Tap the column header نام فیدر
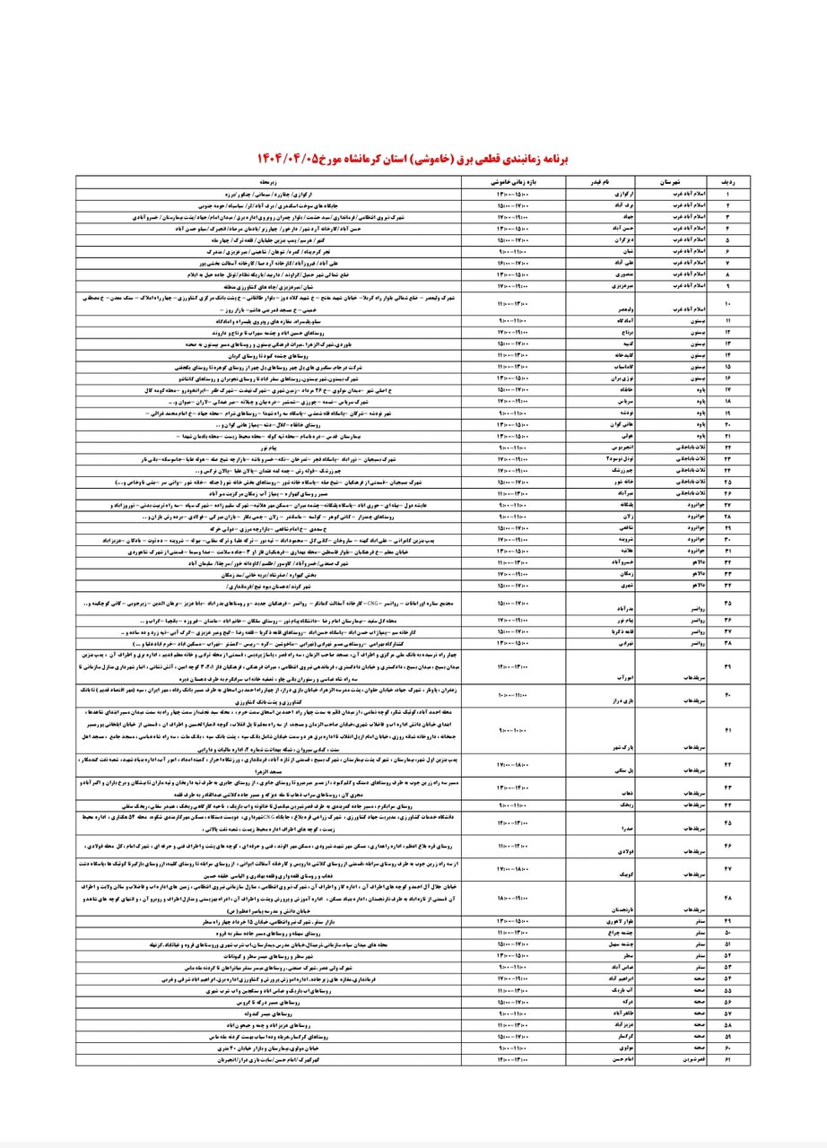(586, 180)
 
